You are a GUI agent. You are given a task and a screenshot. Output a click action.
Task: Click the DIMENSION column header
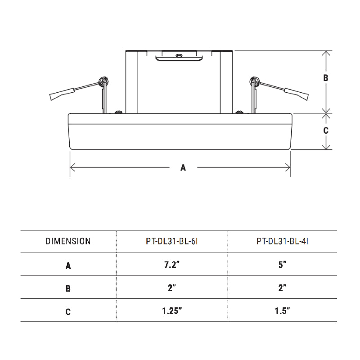[x=68, y=241]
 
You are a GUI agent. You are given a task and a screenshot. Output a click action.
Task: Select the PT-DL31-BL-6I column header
[x=172, y=241]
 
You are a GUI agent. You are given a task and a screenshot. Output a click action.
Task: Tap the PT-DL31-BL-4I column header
[x=282, y=241]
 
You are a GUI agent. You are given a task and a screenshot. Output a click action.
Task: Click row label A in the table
[x=68, y=265]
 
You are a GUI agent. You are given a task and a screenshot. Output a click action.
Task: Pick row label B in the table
[x=68, y=288]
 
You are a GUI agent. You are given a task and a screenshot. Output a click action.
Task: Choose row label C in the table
[x=68, y=311]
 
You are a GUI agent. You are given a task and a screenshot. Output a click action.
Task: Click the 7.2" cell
[x=172, y=265]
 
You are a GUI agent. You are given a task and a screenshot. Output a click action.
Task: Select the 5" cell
[x=282, y=265]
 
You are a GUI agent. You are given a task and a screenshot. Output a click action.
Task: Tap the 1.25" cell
[x=172, y=311]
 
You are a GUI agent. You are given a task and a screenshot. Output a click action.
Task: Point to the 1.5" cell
[x=282, y=311]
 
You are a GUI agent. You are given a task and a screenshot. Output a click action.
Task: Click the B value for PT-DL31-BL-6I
[x=172, y=288]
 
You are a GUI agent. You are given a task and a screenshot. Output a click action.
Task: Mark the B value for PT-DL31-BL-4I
[x=282, y=288]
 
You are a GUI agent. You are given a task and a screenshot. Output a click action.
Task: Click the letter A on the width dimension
[x=183, y=168]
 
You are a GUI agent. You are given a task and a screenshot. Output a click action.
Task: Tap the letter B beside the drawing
[x=326, y=78]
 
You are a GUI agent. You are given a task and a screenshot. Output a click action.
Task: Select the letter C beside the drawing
[x=326, y=131]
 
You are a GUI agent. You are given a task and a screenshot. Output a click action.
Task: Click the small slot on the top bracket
[x=179, y=56]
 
